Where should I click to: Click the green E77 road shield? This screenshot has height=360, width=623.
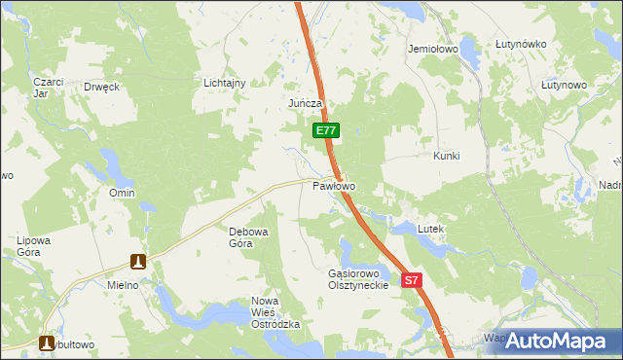click(x=326, y=129)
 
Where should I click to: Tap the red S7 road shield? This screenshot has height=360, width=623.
click(x=412, y=280)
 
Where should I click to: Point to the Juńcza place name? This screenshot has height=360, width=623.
click(x=305, y=103)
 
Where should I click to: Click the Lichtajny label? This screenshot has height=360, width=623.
click(x=224, y=84)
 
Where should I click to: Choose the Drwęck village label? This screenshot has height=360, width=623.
click(x=101, y=87)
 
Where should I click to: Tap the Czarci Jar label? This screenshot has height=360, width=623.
click(x=47, y=88)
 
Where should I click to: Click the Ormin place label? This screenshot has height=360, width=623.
click(x=122, y=193)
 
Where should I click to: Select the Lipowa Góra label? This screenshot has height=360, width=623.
click(x=33, y=245)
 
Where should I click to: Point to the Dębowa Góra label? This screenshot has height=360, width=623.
click(x=240, y=237)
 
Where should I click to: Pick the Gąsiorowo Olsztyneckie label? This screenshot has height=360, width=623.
click(x=358, y=279)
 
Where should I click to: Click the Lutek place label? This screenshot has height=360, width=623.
click(x=430, y=229)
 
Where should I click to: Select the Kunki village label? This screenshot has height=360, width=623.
click(x=446, y=156)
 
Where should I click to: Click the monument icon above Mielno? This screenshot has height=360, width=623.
click(x=139, y=262)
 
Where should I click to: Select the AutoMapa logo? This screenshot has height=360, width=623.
click(x=556, y=342)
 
